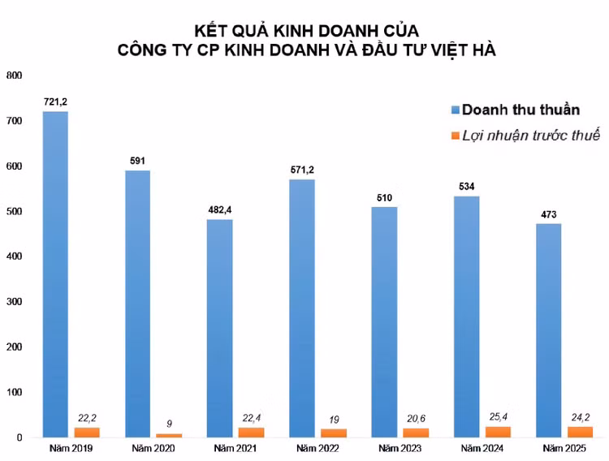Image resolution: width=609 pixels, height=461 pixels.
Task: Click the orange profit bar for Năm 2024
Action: (498, 432)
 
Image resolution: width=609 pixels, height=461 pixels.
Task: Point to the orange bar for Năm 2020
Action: (168, 435)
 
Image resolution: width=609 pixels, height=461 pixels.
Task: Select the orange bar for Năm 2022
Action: (333, 433)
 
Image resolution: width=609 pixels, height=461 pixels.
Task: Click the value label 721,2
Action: (55, 101)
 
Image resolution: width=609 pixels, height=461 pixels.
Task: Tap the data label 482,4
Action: (219, 210)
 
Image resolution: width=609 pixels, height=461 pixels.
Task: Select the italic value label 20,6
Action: (415, 420)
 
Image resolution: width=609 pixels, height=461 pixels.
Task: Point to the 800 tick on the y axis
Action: (15, 75)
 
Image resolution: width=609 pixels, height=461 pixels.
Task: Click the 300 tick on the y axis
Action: (15, 302)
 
